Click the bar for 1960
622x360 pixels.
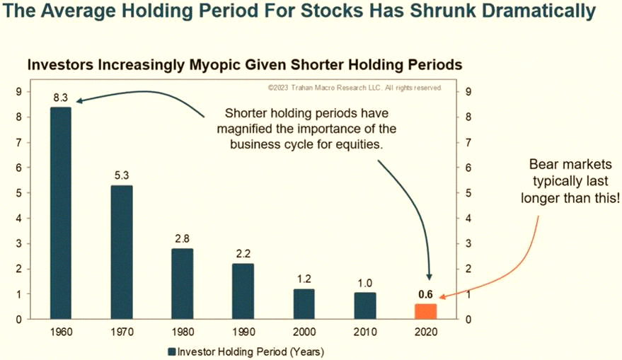pos(61,213)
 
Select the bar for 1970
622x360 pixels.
pos(122,252)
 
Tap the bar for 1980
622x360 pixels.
pos(183,284)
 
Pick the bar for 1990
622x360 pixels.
pos(243,291)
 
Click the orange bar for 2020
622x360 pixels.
pos(426,312)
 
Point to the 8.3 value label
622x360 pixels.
pos(61,98)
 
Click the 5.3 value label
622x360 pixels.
pos(122,175)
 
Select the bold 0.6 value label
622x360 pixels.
pos(425,295)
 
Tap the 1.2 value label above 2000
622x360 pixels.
pos(304,279)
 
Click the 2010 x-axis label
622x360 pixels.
pos(365,332)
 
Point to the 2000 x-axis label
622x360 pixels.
pos(304,332)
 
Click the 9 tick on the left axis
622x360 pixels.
pos(18,92)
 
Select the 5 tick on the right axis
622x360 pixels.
pos(468,193)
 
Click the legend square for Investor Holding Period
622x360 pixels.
pos(172,352)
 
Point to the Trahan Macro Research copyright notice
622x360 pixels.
pos(355,88)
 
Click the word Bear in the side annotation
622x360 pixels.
pos(545,164)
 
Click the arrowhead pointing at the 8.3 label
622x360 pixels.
pos(79,101)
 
